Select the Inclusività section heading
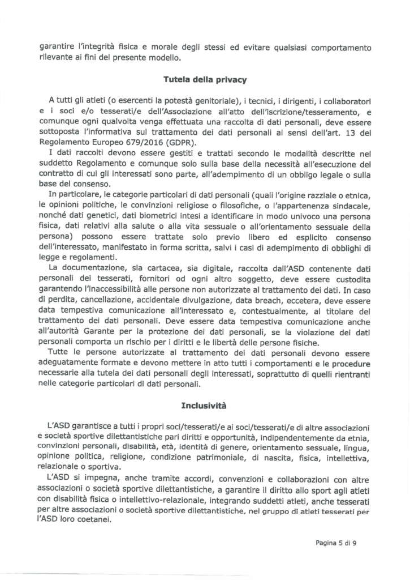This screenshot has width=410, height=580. (x=204, y=406)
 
